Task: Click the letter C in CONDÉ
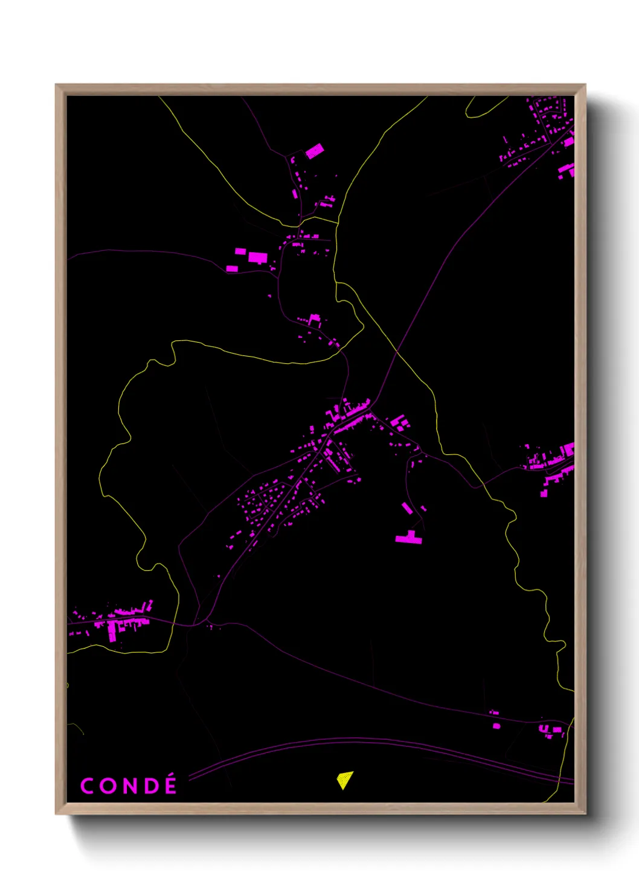pyautogui.click(x=87, y=786)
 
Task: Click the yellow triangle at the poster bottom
pyautogui.click(x=344, y=780)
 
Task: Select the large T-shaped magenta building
pyautogui.click(x=409, y=538)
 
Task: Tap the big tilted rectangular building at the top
pyautogui.click(x=314, y=151)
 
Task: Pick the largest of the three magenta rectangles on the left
pyautogui.click(x=258, y=258)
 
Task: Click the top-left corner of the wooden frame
pyautogui.click(x=57, y=86)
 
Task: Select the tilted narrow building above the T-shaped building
pyautogui.click(x=408, y=508)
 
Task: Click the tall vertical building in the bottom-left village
pyautogui.click(x=112, y=631)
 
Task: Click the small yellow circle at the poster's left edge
pyautogui.click(x=67, y=685)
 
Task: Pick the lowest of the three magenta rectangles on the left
pyautogui.click(x=232, y=269)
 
